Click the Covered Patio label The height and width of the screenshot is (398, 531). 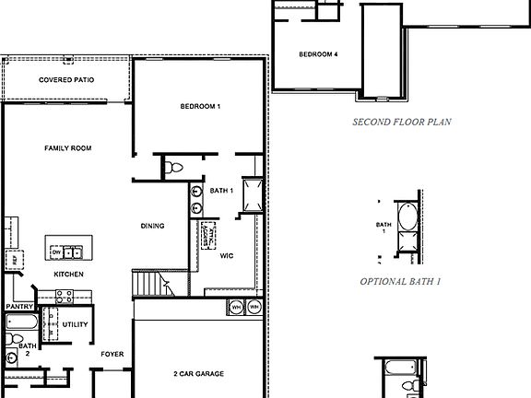(65, 80)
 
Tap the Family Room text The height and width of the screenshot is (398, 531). (68, 148)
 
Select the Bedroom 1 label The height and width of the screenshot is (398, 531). (200, 107)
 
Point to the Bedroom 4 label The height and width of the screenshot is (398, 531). (318, 54)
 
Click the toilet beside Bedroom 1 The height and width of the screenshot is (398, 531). (176, 167)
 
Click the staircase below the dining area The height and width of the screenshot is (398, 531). (147, 283)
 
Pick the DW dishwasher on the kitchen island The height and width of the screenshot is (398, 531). (57, 252)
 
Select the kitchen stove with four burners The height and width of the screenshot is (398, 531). (65, 297)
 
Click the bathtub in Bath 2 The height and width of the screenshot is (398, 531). (21, 323)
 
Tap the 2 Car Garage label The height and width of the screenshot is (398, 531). (198, 374)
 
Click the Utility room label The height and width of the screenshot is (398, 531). (76, 324)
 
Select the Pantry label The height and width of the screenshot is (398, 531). (18, 307)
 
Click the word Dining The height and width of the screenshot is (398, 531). (153, 226)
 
